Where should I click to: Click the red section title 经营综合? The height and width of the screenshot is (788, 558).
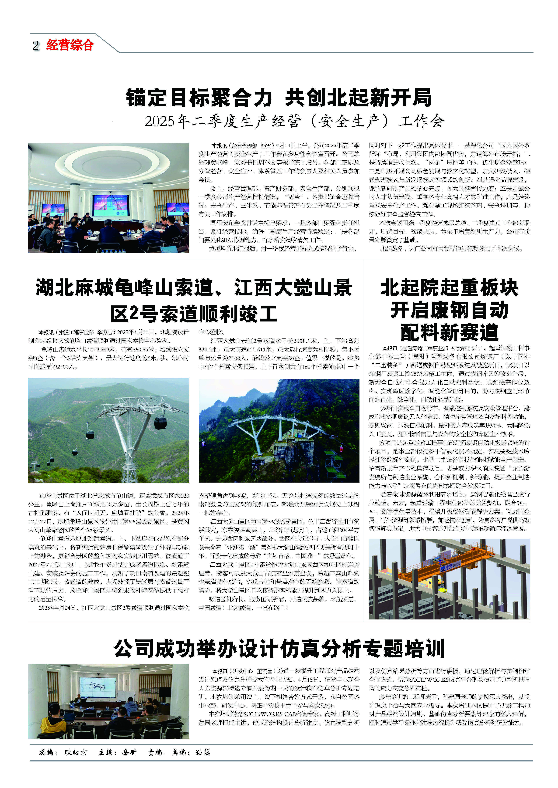pos(70,45)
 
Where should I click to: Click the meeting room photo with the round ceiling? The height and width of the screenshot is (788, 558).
pos(109,198)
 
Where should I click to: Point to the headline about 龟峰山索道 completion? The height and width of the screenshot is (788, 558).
pos(194,301)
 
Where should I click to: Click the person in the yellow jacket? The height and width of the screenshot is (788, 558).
pos(53,722)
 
